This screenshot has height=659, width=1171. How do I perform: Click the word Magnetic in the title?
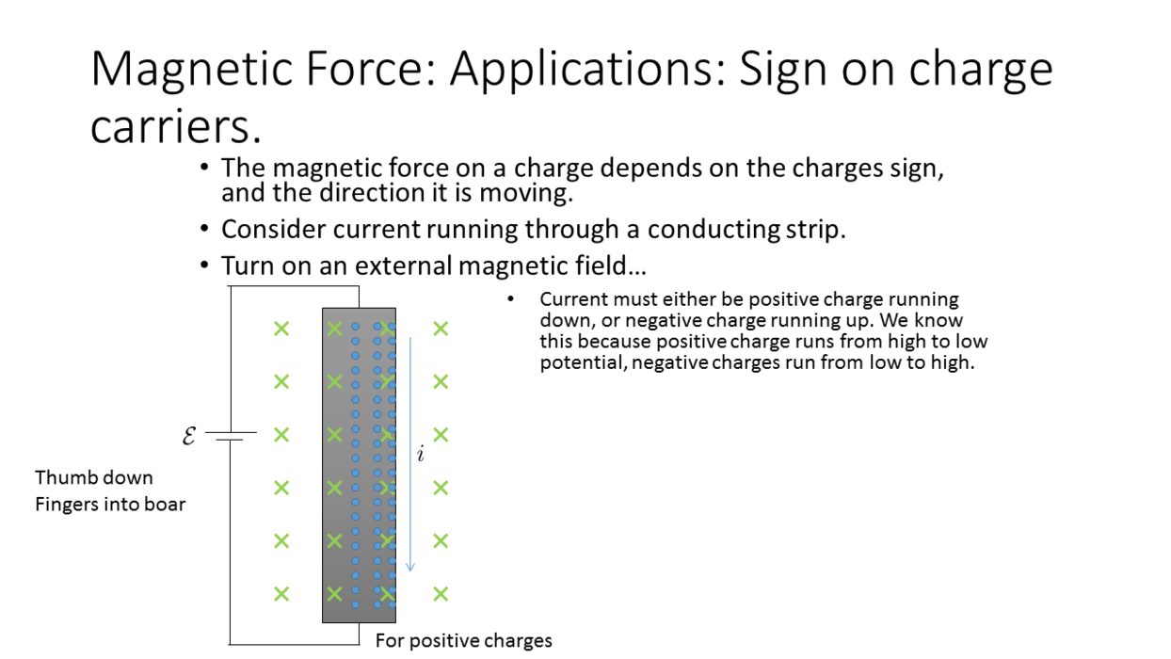tap(191, 70)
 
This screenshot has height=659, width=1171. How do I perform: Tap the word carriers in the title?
tap(175, 127)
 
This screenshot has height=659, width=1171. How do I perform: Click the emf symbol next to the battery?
tap(189, 435)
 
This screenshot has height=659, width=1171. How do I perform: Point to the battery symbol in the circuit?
tap(231, 436)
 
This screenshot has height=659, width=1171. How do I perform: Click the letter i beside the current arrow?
tap(421, 454)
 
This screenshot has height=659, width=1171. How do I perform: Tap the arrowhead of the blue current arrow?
tap(410, 567)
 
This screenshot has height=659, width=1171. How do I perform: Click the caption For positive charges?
tap(464, 641)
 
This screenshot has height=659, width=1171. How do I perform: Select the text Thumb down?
tap(94, 477)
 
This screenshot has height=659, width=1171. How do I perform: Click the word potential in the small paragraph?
tap(584, 362)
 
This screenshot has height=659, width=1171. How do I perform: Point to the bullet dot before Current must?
tap(511, 299)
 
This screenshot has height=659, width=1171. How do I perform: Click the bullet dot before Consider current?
tap(204, 229)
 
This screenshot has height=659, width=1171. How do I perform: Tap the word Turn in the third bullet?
tap(248, 265)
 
